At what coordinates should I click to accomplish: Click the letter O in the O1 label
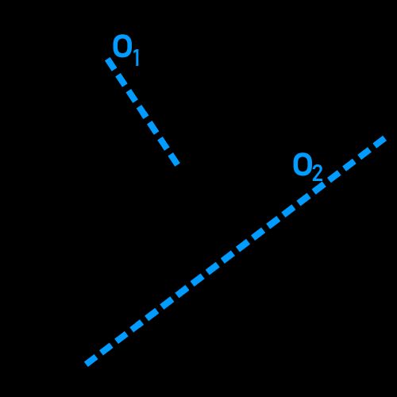click(x=122, y=46)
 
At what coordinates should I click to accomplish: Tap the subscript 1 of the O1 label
click(x=136, y=58)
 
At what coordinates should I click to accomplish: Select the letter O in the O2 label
click(x=303, y=164)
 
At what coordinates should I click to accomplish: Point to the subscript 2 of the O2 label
click(x=317, y=173)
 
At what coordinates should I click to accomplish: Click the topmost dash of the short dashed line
click(x=111, y=64)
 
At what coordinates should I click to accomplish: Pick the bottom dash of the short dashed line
click(x=174, y=160)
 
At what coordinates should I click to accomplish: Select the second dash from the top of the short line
click(x=121, y=80)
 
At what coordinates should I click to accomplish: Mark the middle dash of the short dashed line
click(x=142, y=112)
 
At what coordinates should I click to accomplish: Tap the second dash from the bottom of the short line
click(x=164, y=144)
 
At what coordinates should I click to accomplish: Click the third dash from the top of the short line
click(x=132, y=96)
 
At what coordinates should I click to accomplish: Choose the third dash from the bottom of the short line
click(x=153, y=128)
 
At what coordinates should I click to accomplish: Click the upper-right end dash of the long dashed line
click(x=380, y=141)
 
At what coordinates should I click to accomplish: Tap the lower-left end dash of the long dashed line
click(x=91, y=360)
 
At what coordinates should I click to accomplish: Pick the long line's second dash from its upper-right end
click(x=364, y=153)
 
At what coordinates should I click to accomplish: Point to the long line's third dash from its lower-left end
click(x=121, y=337)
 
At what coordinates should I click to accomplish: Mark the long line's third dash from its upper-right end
click(x=349, y=164)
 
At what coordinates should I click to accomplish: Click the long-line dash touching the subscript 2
click(x=319, y=187)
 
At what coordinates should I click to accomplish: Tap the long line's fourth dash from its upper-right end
click(x=334, y=176)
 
